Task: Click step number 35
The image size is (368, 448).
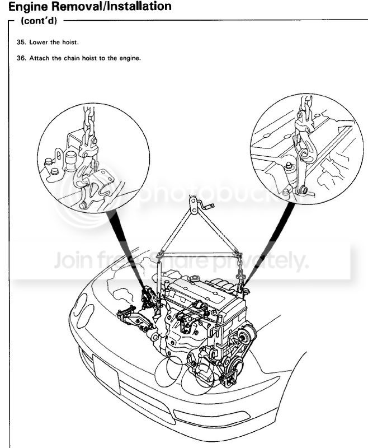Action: pos(23,41)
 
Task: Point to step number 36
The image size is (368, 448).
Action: pos(23,57)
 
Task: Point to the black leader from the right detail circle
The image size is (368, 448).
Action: pos(268,246)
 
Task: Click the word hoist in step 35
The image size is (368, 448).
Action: pos(77,41)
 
